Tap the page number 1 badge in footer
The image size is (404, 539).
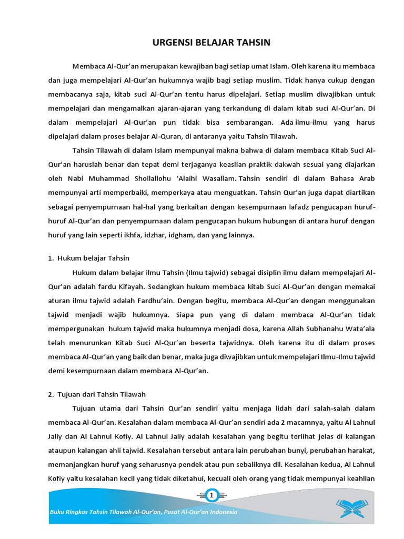click(213, 496)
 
